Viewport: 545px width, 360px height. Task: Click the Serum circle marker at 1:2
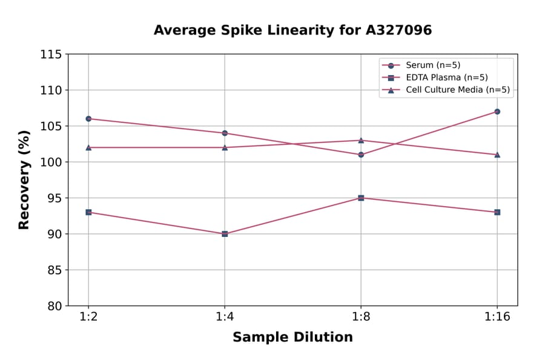(88, 119)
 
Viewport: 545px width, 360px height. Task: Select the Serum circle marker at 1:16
(497, 112)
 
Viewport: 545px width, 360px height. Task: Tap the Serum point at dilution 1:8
(361, 155)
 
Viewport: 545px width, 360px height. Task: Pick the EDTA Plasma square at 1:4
(225, 234)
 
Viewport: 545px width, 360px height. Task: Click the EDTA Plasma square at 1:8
(361, 198)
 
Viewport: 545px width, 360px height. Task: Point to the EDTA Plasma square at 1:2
(88, 212)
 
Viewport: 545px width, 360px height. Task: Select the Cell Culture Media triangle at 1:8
(361, 140)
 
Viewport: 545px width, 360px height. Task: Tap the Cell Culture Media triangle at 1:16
(497, 155)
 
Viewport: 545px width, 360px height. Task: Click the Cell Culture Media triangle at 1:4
(225, 147)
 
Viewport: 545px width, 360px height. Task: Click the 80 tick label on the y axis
(54, 306)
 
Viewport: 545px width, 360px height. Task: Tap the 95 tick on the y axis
(54, 198)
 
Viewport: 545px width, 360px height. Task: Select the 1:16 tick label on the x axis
(497, 317)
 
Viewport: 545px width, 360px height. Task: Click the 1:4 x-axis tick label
(225, 317)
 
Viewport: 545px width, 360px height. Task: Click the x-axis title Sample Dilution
(292, 338)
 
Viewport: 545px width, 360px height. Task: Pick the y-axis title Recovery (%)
(24, 180)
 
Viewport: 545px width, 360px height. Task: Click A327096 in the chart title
(396, 30)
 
